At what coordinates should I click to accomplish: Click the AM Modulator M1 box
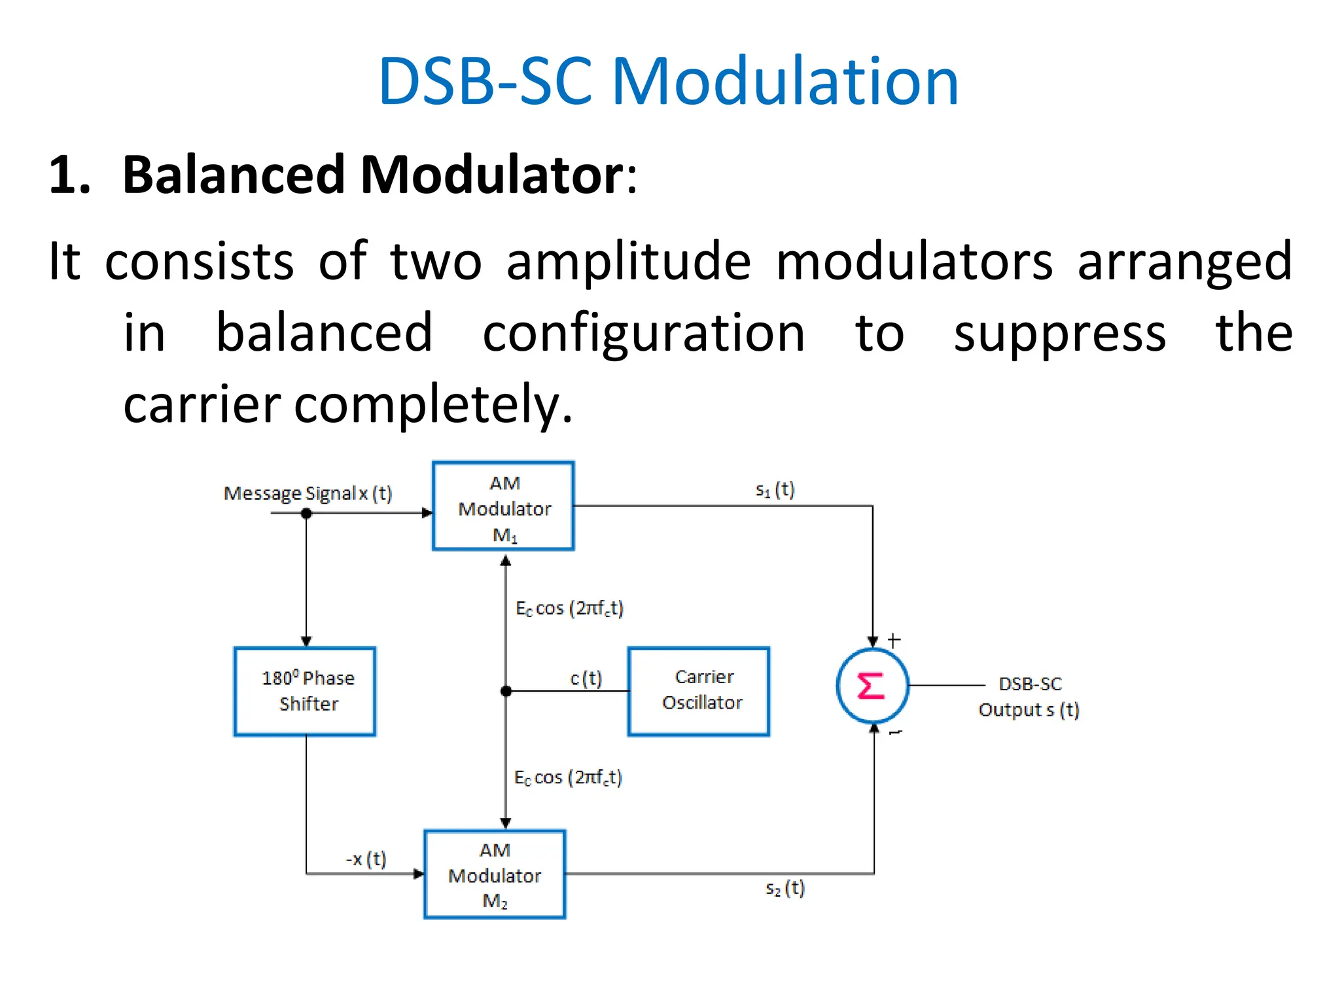[503, 506]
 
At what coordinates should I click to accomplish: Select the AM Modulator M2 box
[495, 874]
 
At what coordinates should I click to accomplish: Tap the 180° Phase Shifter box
[305, 691]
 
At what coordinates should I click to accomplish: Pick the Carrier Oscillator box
[699, 691]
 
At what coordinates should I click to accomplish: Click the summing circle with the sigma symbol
[872, 686]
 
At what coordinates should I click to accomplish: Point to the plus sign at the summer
[894, 640]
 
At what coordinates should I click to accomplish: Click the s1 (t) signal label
[775, 490]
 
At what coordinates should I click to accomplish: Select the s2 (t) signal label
[785, 889]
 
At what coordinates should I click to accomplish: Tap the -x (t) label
[366, 858]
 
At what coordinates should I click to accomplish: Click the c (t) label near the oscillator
[586, 679]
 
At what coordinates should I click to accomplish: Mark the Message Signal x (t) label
[308, 493]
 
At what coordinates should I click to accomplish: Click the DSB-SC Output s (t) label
[1029, 697]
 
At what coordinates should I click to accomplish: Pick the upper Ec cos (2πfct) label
[569, 608]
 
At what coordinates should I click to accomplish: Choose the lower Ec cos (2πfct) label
[568, 777]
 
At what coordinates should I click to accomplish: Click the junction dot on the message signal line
[306, 514]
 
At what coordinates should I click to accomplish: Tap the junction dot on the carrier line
[506, 691]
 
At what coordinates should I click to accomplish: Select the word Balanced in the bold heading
[234, 175]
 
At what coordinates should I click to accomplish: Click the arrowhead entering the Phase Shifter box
[306, 641]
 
